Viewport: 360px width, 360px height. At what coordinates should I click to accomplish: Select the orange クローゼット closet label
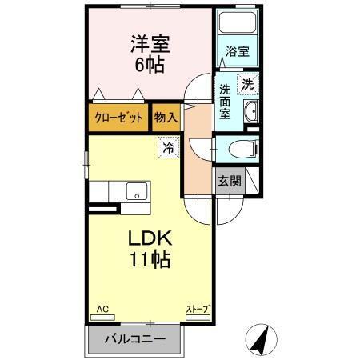tap(119, 118)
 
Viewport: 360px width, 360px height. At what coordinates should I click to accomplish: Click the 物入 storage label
tap(166, 118)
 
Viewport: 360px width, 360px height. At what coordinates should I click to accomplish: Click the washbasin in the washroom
tap(251, 110)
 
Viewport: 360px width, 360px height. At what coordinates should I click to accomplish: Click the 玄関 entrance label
tap(229, 181)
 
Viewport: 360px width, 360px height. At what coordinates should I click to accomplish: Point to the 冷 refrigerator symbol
tap(168, 146)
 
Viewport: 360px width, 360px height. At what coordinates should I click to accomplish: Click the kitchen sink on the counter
tap(136, 192)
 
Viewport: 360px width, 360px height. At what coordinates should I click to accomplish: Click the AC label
tap(102, 309)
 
